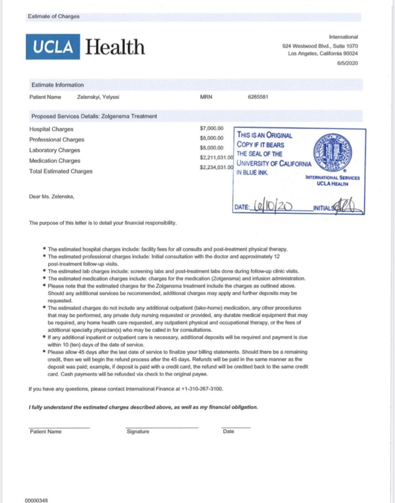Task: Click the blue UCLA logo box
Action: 53,47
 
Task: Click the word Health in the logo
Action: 115,47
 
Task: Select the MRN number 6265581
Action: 259,97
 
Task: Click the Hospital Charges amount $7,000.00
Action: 212,129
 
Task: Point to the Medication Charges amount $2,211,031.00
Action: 216,157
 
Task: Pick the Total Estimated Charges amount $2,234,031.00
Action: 216,168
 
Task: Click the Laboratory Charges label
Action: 54,150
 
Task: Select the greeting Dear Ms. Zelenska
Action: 52,196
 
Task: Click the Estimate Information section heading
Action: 57,85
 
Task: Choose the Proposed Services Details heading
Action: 94,116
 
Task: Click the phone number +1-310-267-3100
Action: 202,389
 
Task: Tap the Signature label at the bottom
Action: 138,431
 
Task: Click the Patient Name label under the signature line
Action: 46,431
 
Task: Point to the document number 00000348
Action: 36,501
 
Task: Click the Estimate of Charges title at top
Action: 54,16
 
